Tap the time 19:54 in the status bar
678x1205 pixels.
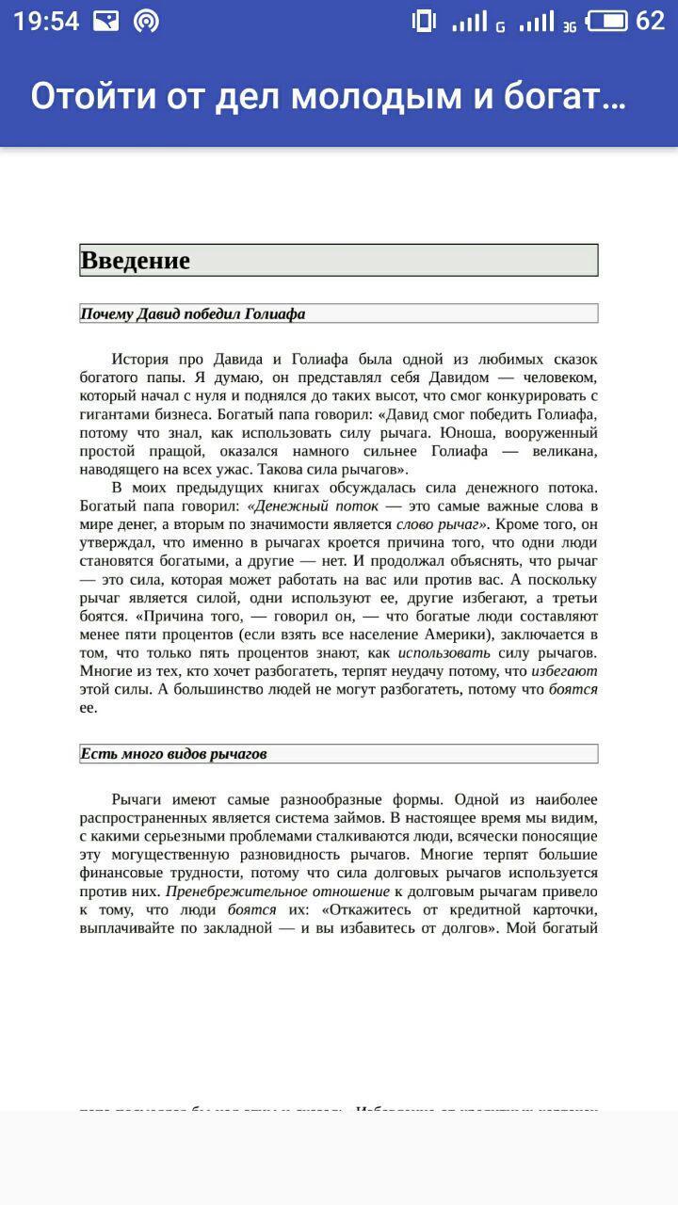(46, 21)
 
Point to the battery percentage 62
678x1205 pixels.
(651, 21)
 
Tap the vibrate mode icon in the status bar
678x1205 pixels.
(424, 21)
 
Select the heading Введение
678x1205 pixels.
(136, 261)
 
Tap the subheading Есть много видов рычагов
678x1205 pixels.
(173, 754)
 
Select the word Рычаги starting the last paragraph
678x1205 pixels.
(138, 799)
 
